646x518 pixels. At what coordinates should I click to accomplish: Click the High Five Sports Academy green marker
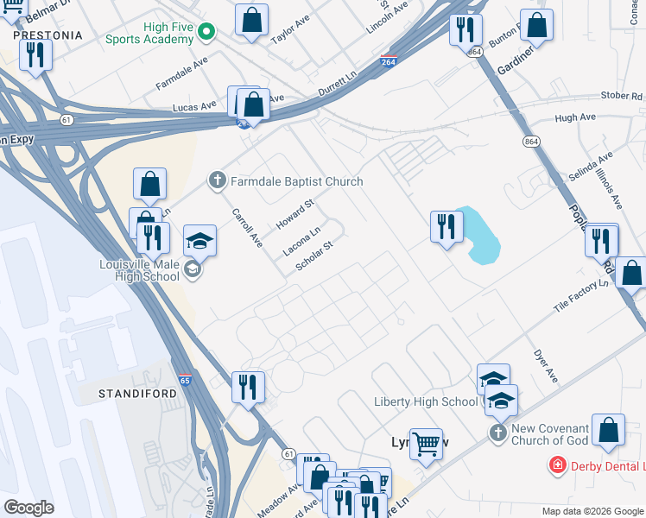pyautogui.click(x=206, y=32)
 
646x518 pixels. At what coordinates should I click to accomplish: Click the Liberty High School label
pyautogui.click(x=425, y=401)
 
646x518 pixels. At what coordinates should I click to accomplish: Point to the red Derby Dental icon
pyautogui.click(x=558, y=466)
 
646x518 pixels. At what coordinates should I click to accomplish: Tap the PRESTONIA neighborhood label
pyautogui.click(x=48, y=35)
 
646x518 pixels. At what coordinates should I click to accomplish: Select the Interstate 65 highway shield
pyautogui.click(x=185, y=379)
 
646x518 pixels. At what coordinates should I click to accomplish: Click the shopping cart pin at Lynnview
pyautogui.click(x=426, y=445)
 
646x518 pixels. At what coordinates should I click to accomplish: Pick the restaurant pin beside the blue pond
pyautogui.click(x=446, y=228)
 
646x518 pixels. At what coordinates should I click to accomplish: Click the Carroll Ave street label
pyautogui.click(x=245, y=226)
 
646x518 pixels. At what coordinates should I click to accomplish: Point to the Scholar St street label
pyautogui.click(x=314, y=256)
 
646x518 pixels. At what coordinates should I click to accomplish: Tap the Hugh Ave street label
pyautogui.click(x=576, y=117)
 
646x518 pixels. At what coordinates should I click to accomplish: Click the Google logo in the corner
pyautogui.click(x=29, y=507)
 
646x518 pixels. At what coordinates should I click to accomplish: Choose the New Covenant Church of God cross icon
pyautogui.click(x=497, y=433)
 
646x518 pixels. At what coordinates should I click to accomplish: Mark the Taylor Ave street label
pyautogui.click(x=289, y=34)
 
